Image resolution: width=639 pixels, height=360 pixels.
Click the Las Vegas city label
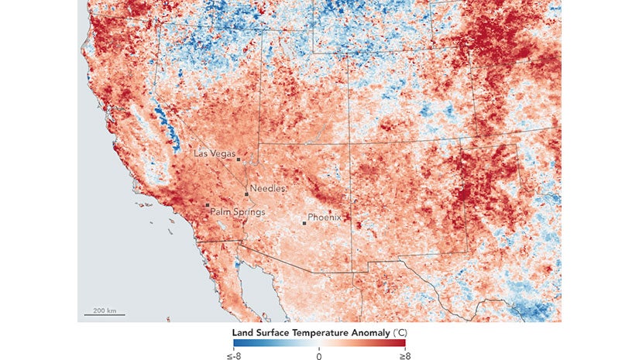(x=214, y=154)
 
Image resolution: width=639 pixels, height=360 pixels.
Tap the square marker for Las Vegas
(x=239, y=160)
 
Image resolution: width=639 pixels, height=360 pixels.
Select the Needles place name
(x=268, y=188)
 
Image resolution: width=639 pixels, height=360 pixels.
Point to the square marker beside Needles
(x=246, y=194)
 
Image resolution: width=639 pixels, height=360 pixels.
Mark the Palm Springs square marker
(x=207, y=205)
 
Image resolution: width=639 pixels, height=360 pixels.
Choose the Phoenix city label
(x=325, y=218)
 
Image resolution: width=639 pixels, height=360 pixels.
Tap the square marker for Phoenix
(x=304, y=224)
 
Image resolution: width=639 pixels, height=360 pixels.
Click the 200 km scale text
(x=105, y=310)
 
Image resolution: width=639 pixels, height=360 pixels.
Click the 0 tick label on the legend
(x=319, y=355)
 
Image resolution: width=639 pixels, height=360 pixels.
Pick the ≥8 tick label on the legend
(x=400, y=355)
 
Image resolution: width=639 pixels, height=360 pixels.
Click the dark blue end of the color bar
(x=236, y=343)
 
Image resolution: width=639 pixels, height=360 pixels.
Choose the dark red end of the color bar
(x=402, y=343)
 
